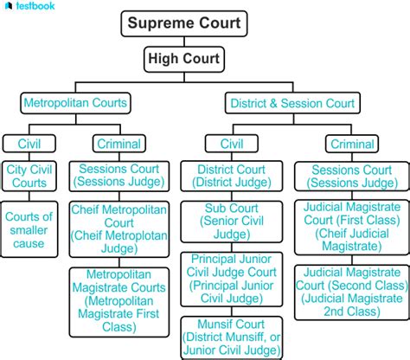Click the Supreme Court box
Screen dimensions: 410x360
[x=184, y=23]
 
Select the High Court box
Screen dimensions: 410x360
[x=184, y=59]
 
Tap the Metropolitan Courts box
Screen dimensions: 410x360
[x=75, y=103]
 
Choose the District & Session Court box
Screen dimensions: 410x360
[x=292, y=103]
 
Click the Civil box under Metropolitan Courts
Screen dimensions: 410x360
[x=29, y=144]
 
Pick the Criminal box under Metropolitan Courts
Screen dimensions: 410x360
[x=119, y=144]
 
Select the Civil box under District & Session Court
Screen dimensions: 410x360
[x=232, y=144]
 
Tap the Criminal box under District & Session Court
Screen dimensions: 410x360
[x=352, y=144]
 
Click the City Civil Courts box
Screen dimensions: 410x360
[x=29, y=176]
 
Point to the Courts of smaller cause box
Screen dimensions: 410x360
[x=29, y=229]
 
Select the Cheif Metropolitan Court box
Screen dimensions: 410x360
[x=119, y=229]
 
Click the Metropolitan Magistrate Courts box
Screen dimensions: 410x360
[x=119, y=302]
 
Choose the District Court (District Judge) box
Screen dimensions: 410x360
[x=232, y=176]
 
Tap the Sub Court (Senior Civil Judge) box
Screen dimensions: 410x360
[x=232, y=222]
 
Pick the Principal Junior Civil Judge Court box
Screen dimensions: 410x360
[x=232, y=280]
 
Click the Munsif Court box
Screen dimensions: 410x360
[x=232, y=338]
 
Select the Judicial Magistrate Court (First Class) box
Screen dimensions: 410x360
[x=352, y=228]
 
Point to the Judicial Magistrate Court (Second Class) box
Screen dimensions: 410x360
[x=352, y=292]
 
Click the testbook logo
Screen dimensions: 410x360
[x=30, y=6]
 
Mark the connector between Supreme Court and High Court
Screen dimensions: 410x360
[x=184, y=42]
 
